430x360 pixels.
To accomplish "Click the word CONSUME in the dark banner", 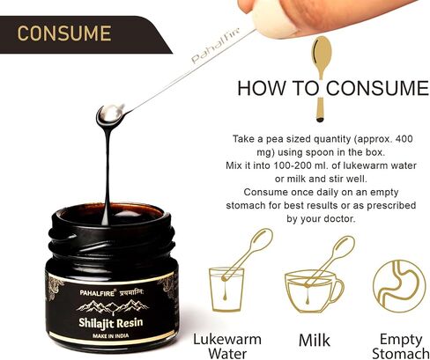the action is click(64, 33).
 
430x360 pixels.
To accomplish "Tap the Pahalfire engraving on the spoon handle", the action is click(216, 45).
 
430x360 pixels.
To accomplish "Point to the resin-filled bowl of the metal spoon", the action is click(111, 114).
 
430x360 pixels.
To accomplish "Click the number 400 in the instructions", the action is click(404, 138).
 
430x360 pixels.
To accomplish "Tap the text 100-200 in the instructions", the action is click(293, 165).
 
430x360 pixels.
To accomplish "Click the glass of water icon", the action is click(226, 289).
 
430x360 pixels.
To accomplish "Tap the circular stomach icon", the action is click(399, 286).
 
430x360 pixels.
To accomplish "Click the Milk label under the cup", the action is click(315, 341).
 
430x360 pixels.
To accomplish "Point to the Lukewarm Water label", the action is click(227, 346).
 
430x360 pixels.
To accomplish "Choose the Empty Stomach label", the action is click(401, 346).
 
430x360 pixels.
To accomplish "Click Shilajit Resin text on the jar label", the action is click(111, 323).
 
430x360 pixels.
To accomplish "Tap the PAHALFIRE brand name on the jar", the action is click(98, 292).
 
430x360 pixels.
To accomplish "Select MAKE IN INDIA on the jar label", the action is click(111, 335).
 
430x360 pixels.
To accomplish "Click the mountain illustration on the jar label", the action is click(113, 306).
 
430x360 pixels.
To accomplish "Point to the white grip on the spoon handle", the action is click(271, 20).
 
